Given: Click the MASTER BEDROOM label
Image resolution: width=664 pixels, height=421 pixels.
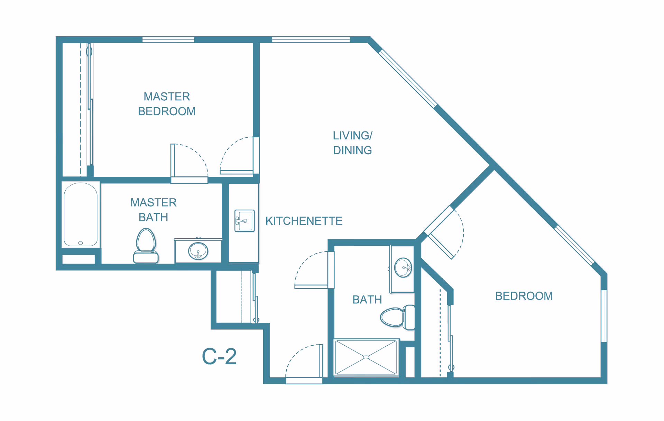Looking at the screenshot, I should tap(167, 104).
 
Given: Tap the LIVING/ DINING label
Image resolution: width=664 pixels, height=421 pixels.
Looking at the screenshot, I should tap(352, 143).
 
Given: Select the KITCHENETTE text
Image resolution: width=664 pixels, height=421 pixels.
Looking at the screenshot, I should tap(304, 221).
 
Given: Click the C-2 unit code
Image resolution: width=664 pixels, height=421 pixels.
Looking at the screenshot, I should tap(219, 357).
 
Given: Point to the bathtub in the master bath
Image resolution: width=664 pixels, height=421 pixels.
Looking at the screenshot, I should tap(81, 214).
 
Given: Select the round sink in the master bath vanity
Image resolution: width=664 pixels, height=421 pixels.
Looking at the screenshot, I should tap(198, 251).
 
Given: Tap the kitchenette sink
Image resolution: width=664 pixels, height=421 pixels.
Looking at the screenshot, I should tap(245, 221).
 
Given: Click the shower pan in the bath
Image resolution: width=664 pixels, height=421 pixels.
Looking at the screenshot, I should tap(366, 357).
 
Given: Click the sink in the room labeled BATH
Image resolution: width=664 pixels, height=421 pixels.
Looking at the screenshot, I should tap(403, 267).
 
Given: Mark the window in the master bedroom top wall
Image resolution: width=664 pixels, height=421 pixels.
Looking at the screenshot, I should tap(168, 40).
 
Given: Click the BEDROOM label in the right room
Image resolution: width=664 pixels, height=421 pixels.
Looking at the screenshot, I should tap(524, 296).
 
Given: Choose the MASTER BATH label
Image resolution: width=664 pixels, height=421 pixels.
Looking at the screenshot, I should tap(153, 210).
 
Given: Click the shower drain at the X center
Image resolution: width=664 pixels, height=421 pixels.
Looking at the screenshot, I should tap(366, 357).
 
